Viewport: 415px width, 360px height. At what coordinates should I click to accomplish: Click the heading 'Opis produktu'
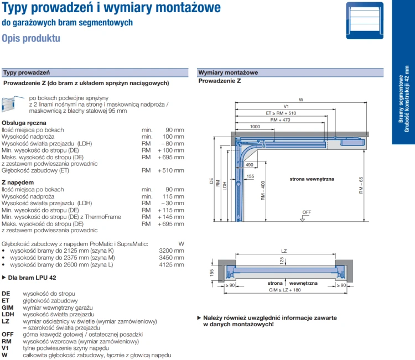pos(31,39)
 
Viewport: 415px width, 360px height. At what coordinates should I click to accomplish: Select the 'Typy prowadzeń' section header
pos(27,72)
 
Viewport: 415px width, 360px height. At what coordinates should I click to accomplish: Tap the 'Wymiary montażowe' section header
pos(228,72)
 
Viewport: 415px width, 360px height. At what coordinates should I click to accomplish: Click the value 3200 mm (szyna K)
pos(172,251)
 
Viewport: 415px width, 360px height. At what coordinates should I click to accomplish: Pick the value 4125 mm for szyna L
pos(172,265)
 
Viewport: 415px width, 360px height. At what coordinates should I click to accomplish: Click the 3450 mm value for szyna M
pos(172,258)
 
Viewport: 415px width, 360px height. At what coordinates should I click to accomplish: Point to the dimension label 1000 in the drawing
pos(255,127)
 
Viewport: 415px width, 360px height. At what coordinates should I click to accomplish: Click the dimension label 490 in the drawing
pos(249,165)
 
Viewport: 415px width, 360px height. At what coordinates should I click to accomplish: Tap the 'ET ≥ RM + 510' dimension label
pos(284,113)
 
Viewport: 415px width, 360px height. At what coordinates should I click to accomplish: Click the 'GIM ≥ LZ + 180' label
pos(286,290)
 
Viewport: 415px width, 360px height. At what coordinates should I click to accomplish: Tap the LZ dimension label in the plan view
pos(284,252)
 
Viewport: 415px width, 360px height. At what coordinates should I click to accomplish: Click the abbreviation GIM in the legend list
pos(8,307)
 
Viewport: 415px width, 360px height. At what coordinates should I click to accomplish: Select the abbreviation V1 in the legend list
pos(6,348)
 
